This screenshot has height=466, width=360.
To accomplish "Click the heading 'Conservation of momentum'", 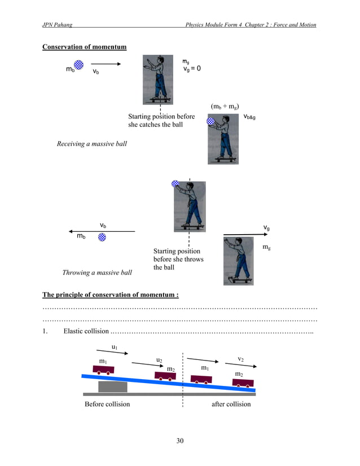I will point(84,47).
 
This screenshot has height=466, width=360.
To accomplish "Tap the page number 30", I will point(179,441).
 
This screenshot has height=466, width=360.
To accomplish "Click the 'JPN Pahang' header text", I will point(57,25).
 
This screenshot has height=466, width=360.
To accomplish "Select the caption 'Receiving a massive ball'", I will point(91,144).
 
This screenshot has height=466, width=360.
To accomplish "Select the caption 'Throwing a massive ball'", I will point(96,272).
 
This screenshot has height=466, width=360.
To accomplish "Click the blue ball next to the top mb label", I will point(80,65).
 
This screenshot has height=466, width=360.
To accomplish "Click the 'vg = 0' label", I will point(192,68).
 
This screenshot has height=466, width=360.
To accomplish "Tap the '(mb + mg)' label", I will point(225,106).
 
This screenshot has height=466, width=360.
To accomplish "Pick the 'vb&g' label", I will point(249,117).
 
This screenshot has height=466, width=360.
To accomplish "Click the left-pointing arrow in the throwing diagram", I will point(102,231).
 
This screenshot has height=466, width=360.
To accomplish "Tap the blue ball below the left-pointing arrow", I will point(102,238).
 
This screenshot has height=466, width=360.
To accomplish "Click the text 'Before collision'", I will point(107,404).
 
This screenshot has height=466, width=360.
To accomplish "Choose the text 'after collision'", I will point(231,404).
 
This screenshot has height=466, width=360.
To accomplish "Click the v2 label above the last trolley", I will point(240,359).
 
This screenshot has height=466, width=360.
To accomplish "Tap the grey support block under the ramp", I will point(113,386).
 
